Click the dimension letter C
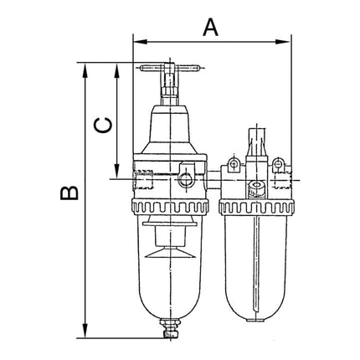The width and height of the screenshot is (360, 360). pos(101,125)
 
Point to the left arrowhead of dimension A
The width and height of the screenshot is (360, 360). pos(139,39)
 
